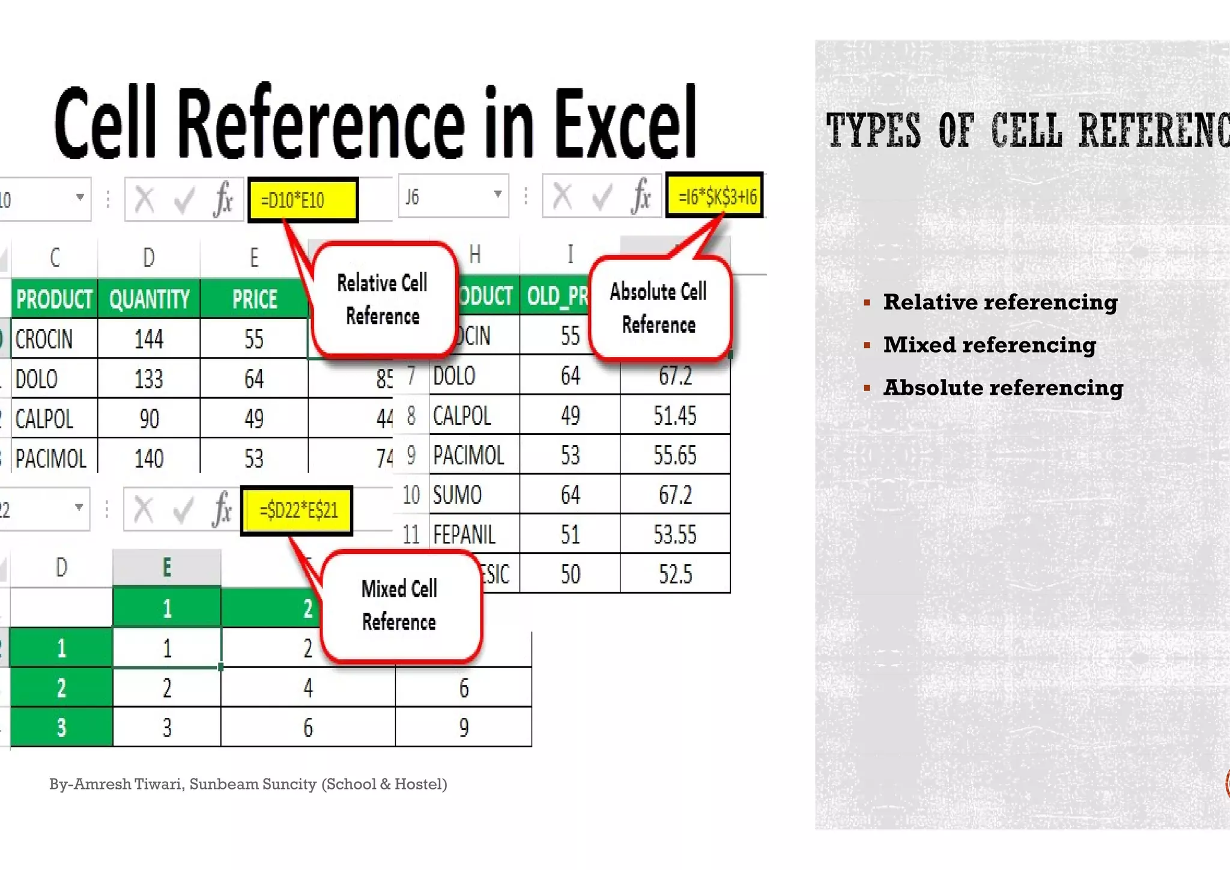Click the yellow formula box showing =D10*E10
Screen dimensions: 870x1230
click(x=302, y=199)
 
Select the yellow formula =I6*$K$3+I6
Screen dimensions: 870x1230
click(x=715, y=196)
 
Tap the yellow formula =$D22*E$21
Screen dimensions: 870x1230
click(x=297, y=511)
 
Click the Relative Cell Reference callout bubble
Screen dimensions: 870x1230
click(x=383, y=299)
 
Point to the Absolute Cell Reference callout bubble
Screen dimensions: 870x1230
click(x=659, y=308)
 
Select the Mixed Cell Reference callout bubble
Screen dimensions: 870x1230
click(x=399, y=605)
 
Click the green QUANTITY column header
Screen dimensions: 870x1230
click(x=149, y=299)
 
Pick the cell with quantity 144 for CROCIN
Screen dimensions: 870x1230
click(x=149, y=339)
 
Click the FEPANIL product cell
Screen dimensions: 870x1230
click(x=464, y=534)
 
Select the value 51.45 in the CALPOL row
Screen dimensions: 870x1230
click(x=674, y=415)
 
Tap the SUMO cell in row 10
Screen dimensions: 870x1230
click(x=458, y=494)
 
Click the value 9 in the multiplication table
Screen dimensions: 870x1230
click(x=464, y=728)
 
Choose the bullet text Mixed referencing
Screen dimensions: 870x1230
click(x=989, y=345)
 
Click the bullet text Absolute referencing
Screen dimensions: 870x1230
click(x=1002, y=388)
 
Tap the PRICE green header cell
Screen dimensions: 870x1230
click(x=255, y=299)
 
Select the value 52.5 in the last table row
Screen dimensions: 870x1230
click(x=674, y=574)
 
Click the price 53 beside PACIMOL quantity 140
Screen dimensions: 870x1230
click(x=254, y=458)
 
